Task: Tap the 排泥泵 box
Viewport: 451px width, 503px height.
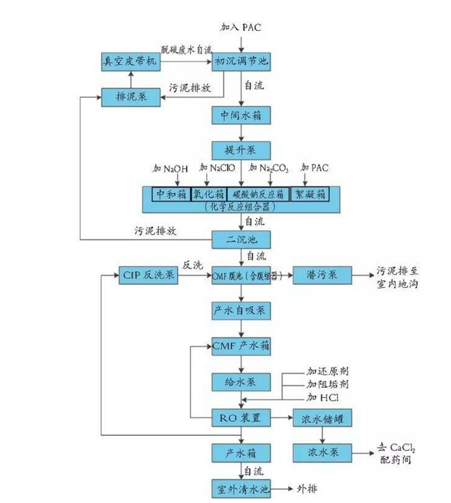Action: point(130,96)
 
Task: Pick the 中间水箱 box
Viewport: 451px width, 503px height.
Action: point(241,116)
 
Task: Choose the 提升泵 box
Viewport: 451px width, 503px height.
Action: point(241,150)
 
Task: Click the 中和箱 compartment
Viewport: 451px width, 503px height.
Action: point(171,193)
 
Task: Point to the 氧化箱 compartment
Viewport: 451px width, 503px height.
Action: point(209,193)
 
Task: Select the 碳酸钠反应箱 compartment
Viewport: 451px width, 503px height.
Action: point(259,193)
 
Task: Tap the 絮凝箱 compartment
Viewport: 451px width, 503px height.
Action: point(309,193)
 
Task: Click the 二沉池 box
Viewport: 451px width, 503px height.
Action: point(241,239)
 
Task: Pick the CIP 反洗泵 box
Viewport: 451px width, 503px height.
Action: point(148,276)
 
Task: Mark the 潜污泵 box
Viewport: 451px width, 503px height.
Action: point(322,276)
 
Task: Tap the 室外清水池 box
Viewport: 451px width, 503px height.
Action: point(241,488)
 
